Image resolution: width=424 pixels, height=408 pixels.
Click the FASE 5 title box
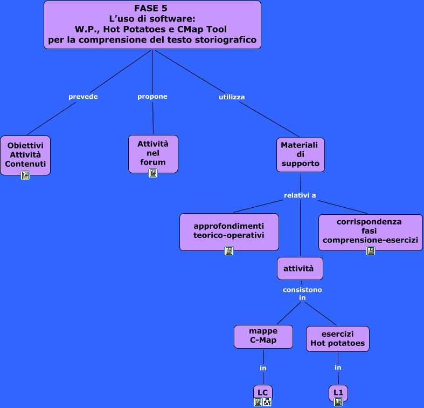pyautogui.click(x=152, y=24)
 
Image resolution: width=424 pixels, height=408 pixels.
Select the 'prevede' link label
pyautogui.click(x=83, y=97)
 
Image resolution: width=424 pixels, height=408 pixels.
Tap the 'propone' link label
pyautogui.click(x=152, y=97)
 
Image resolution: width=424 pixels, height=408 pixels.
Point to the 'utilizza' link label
pyautogui.click(x=232, y=97)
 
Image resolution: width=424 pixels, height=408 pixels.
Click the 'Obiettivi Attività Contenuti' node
pyautogui.click(x=25, y=154)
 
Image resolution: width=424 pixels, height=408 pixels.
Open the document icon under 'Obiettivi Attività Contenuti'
pyautogui.click(x=25, y=175)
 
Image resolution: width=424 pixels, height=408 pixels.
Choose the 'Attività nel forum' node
pyautogui.click(x=153, y=152)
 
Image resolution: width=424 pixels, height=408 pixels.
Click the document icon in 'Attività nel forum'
pyautogui.click(x=153, y=173)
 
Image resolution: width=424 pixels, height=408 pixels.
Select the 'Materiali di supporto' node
pyautogui.click(x=301, y=154)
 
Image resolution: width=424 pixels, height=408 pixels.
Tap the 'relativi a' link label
pyautogui.click(x=300, y=195)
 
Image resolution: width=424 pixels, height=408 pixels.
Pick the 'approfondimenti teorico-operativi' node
pyautogui.click(x=229, y=230)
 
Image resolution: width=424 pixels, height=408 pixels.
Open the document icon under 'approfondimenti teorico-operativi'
pyautogui.click(x=229, y=251)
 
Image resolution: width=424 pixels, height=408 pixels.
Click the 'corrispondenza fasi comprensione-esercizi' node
pyautogui.click(x=370, y=230)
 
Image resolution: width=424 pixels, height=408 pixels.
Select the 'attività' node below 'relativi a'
pyautogui.click(x=300, y=268)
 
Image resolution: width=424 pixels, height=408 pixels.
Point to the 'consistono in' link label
pyautogui.click(x=302, y=294)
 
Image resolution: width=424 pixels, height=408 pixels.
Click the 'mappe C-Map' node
pyautogui.click(x=263, y=336)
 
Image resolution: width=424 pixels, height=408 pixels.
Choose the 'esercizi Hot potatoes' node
pyautogui.click(x=338, y=338)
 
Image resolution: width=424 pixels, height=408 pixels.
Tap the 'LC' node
pyautogui.click(x=263, y=391)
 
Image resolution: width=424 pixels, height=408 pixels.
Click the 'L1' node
pyautogui.click(x=338, y=392)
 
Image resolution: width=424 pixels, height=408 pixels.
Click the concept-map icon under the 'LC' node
pyautogui.click(x=267, y=402)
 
